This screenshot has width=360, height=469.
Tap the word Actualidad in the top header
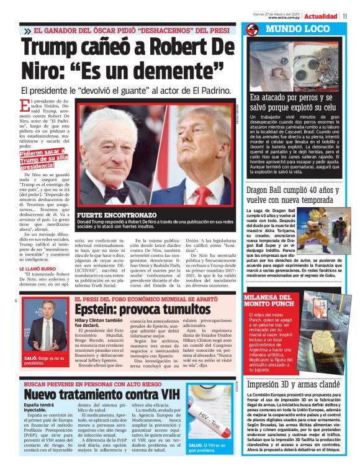pyautogui.click(x=320, y=16)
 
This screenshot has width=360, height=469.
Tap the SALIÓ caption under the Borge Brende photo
pyautogui.click(x=44, y=360)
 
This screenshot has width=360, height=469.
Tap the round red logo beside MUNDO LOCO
pyautogui.click(x=251, y=29)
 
